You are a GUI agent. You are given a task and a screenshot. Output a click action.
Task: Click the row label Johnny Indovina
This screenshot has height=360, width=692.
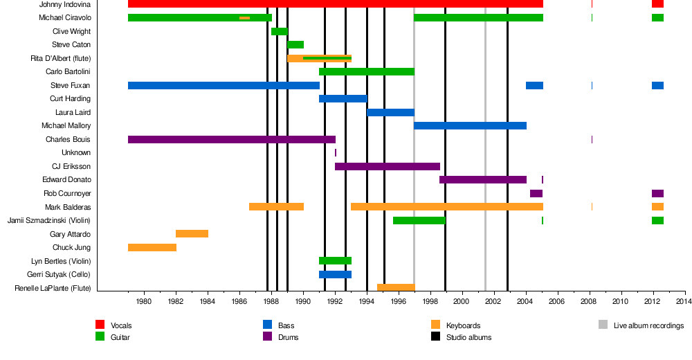click(65, 4)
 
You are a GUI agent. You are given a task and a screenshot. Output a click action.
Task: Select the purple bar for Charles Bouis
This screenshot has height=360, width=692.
click(231, 139)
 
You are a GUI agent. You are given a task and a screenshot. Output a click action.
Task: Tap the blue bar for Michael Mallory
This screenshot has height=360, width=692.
click(470, 126)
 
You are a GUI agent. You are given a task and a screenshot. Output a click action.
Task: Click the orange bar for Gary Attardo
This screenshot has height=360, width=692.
click(192, 234)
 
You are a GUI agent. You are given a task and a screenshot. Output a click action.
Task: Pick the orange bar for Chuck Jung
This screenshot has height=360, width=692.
click(152, 247)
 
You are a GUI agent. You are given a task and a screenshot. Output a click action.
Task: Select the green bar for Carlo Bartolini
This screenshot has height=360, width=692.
click(366, 72)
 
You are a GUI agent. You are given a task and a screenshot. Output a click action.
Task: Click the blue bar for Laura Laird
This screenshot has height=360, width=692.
click(390, 112)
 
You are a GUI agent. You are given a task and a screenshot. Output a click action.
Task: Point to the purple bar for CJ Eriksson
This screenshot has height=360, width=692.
click(387, 166)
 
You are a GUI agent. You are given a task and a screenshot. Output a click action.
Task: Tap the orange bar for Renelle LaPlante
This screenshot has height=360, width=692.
click(395, 287)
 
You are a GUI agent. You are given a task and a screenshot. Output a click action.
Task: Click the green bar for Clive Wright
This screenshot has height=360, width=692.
click(279, 31)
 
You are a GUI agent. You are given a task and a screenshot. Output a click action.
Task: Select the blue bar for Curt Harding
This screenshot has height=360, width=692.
click(343, 99)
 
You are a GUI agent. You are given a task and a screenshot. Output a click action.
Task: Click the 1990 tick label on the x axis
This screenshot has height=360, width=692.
click(303, 302)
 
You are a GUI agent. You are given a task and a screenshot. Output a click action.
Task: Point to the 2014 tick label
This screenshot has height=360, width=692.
click(684, 302)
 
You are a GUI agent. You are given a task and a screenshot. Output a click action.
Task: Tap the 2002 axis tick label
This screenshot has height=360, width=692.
click(493, 302)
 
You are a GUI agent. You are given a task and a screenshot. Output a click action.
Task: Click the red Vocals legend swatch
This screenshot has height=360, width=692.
click(100, 325)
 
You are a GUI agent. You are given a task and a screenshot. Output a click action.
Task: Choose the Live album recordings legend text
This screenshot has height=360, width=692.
click(648, 325)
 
